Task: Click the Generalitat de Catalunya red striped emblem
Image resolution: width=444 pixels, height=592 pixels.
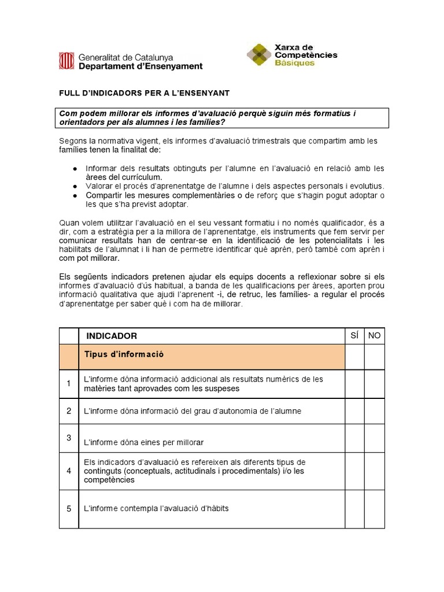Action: coord(66,61)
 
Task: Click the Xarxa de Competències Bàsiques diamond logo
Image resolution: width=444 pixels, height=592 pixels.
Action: coord(259,55)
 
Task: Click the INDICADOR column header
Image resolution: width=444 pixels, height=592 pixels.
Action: coord(112,336)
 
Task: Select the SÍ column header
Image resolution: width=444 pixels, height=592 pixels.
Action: coord(354,335)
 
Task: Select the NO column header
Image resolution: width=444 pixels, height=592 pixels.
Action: coord(375,335)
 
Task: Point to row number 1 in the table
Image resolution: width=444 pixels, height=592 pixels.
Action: coord(69,383)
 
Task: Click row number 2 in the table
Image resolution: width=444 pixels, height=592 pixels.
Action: coord(69,410)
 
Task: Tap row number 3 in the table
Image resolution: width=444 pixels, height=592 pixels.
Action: coord(69,438)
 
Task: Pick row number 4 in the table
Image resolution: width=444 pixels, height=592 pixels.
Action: coord(69,471)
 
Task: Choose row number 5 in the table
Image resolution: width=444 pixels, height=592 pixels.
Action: coord(69,508)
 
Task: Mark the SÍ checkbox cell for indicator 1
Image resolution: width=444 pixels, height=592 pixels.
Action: coord(354,383)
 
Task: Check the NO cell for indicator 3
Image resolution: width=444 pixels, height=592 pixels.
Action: coord(375,438)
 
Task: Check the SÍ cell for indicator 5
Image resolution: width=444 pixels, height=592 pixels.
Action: coord(354,508)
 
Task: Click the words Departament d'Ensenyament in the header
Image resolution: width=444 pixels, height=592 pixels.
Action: coord(140,66)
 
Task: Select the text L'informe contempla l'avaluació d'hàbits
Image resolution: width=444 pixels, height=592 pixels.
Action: coord(157,508)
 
